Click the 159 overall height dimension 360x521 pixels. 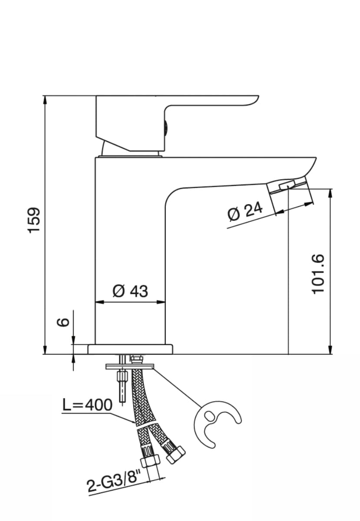(x=34, y=220)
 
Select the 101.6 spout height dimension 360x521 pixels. (x=319, y=274)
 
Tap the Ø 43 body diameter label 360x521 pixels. (x=130, y=291)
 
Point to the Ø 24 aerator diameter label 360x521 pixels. (x=245, y=213)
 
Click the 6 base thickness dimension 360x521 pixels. (x=63, y=322)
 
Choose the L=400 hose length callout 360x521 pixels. (x=87, y=405)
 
